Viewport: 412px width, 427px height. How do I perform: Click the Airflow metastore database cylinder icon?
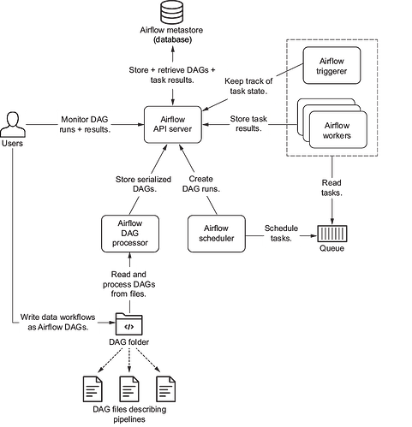[171, 12]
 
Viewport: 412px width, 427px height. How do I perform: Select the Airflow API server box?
[173, 125]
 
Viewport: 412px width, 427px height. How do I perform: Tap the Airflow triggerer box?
[331, 66]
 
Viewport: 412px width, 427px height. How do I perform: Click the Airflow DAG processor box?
[130, 234]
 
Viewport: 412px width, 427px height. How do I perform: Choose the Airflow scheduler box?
[217, 234]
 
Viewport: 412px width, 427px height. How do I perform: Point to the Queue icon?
[332, 234]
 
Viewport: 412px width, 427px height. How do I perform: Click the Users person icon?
[13, 125]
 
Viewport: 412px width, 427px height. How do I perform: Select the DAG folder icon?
[128, 324]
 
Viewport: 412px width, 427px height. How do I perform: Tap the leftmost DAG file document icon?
[93, 389]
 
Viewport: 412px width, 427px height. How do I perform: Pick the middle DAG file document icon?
[129, 389]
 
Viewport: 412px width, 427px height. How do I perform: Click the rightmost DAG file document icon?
[166, 389]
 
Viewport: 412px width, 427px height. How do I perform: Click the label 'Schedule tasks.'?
[281, 234]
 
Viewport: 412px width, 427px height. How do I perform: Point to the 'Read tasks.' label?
[331, 187]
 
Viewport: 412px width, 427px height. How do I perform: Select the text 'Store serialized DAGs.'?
[143, 184]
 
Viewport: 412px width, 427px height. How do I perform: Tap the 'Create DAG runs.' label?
[201, 184]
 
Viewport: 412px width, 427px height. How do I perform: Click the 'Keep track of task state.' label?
[248, 86]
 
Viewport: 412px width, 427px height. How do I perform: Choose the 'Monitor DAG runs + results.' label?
[85, 124]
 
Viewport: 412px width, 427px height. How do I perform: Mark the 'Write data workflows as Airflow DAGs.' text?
[58, 322]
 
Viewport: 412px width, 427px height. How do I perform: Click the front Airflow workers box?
[338, 130]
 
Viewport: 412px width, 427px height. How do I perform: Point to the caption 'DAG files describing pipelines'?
[129, 414]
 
